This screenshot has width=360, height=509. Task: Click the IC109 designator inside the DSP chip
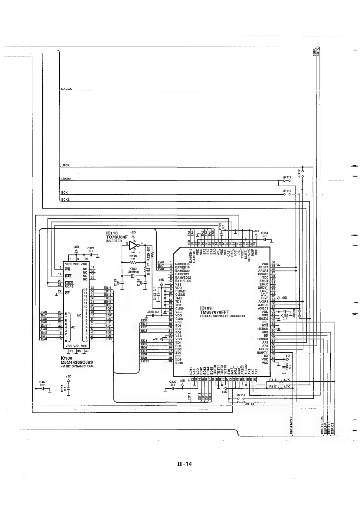click(206, 308)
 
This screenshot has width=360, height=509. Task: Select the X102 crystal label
click(133, 268)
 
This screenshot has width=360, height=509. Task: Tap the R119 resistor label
click(133, 256)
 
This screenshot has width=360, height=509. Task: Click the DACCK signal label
click(67, 89)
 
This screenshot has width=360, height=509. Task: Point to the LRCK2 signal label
click(66, 179)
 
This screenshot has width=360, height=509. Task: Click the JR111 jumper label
click(287, 177)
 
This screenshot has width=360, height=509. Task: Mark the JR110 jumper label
click(287, 191)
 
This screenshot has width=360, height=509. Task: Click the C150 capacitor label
click(43, 382)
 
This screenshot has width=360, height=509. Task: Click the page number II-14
click(185, 464)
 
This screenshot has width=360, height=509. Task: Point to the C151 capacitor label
click(264, 233)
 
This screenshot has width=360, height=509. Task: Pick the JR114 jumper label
click(241, 395)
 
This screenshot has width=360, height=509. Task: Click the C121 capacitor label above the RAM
click(91, 248)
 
